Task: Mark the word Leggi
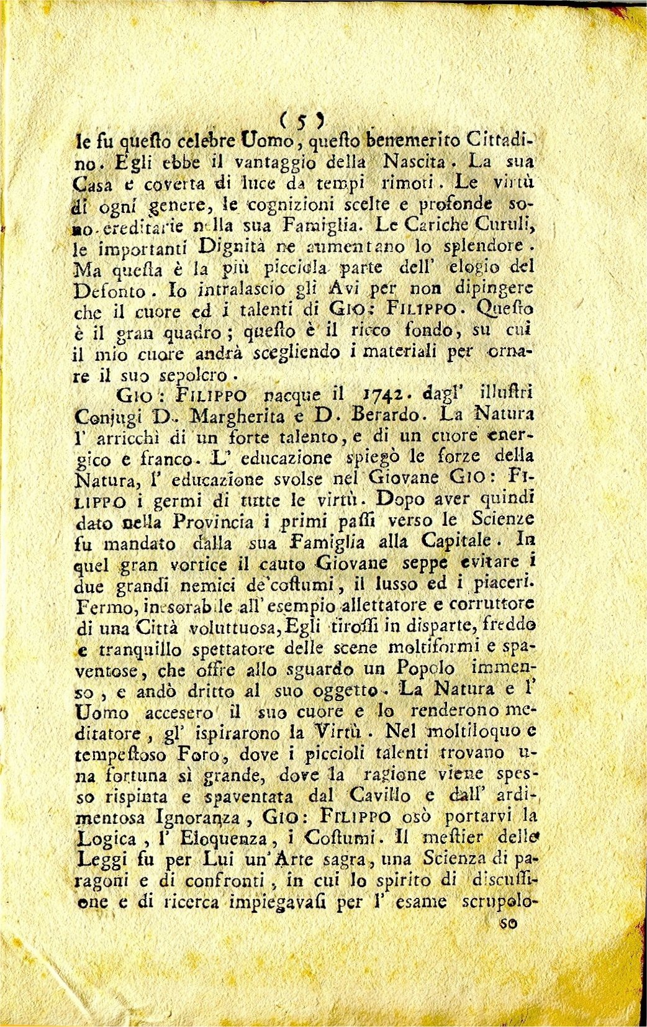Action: click(102, 861)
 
